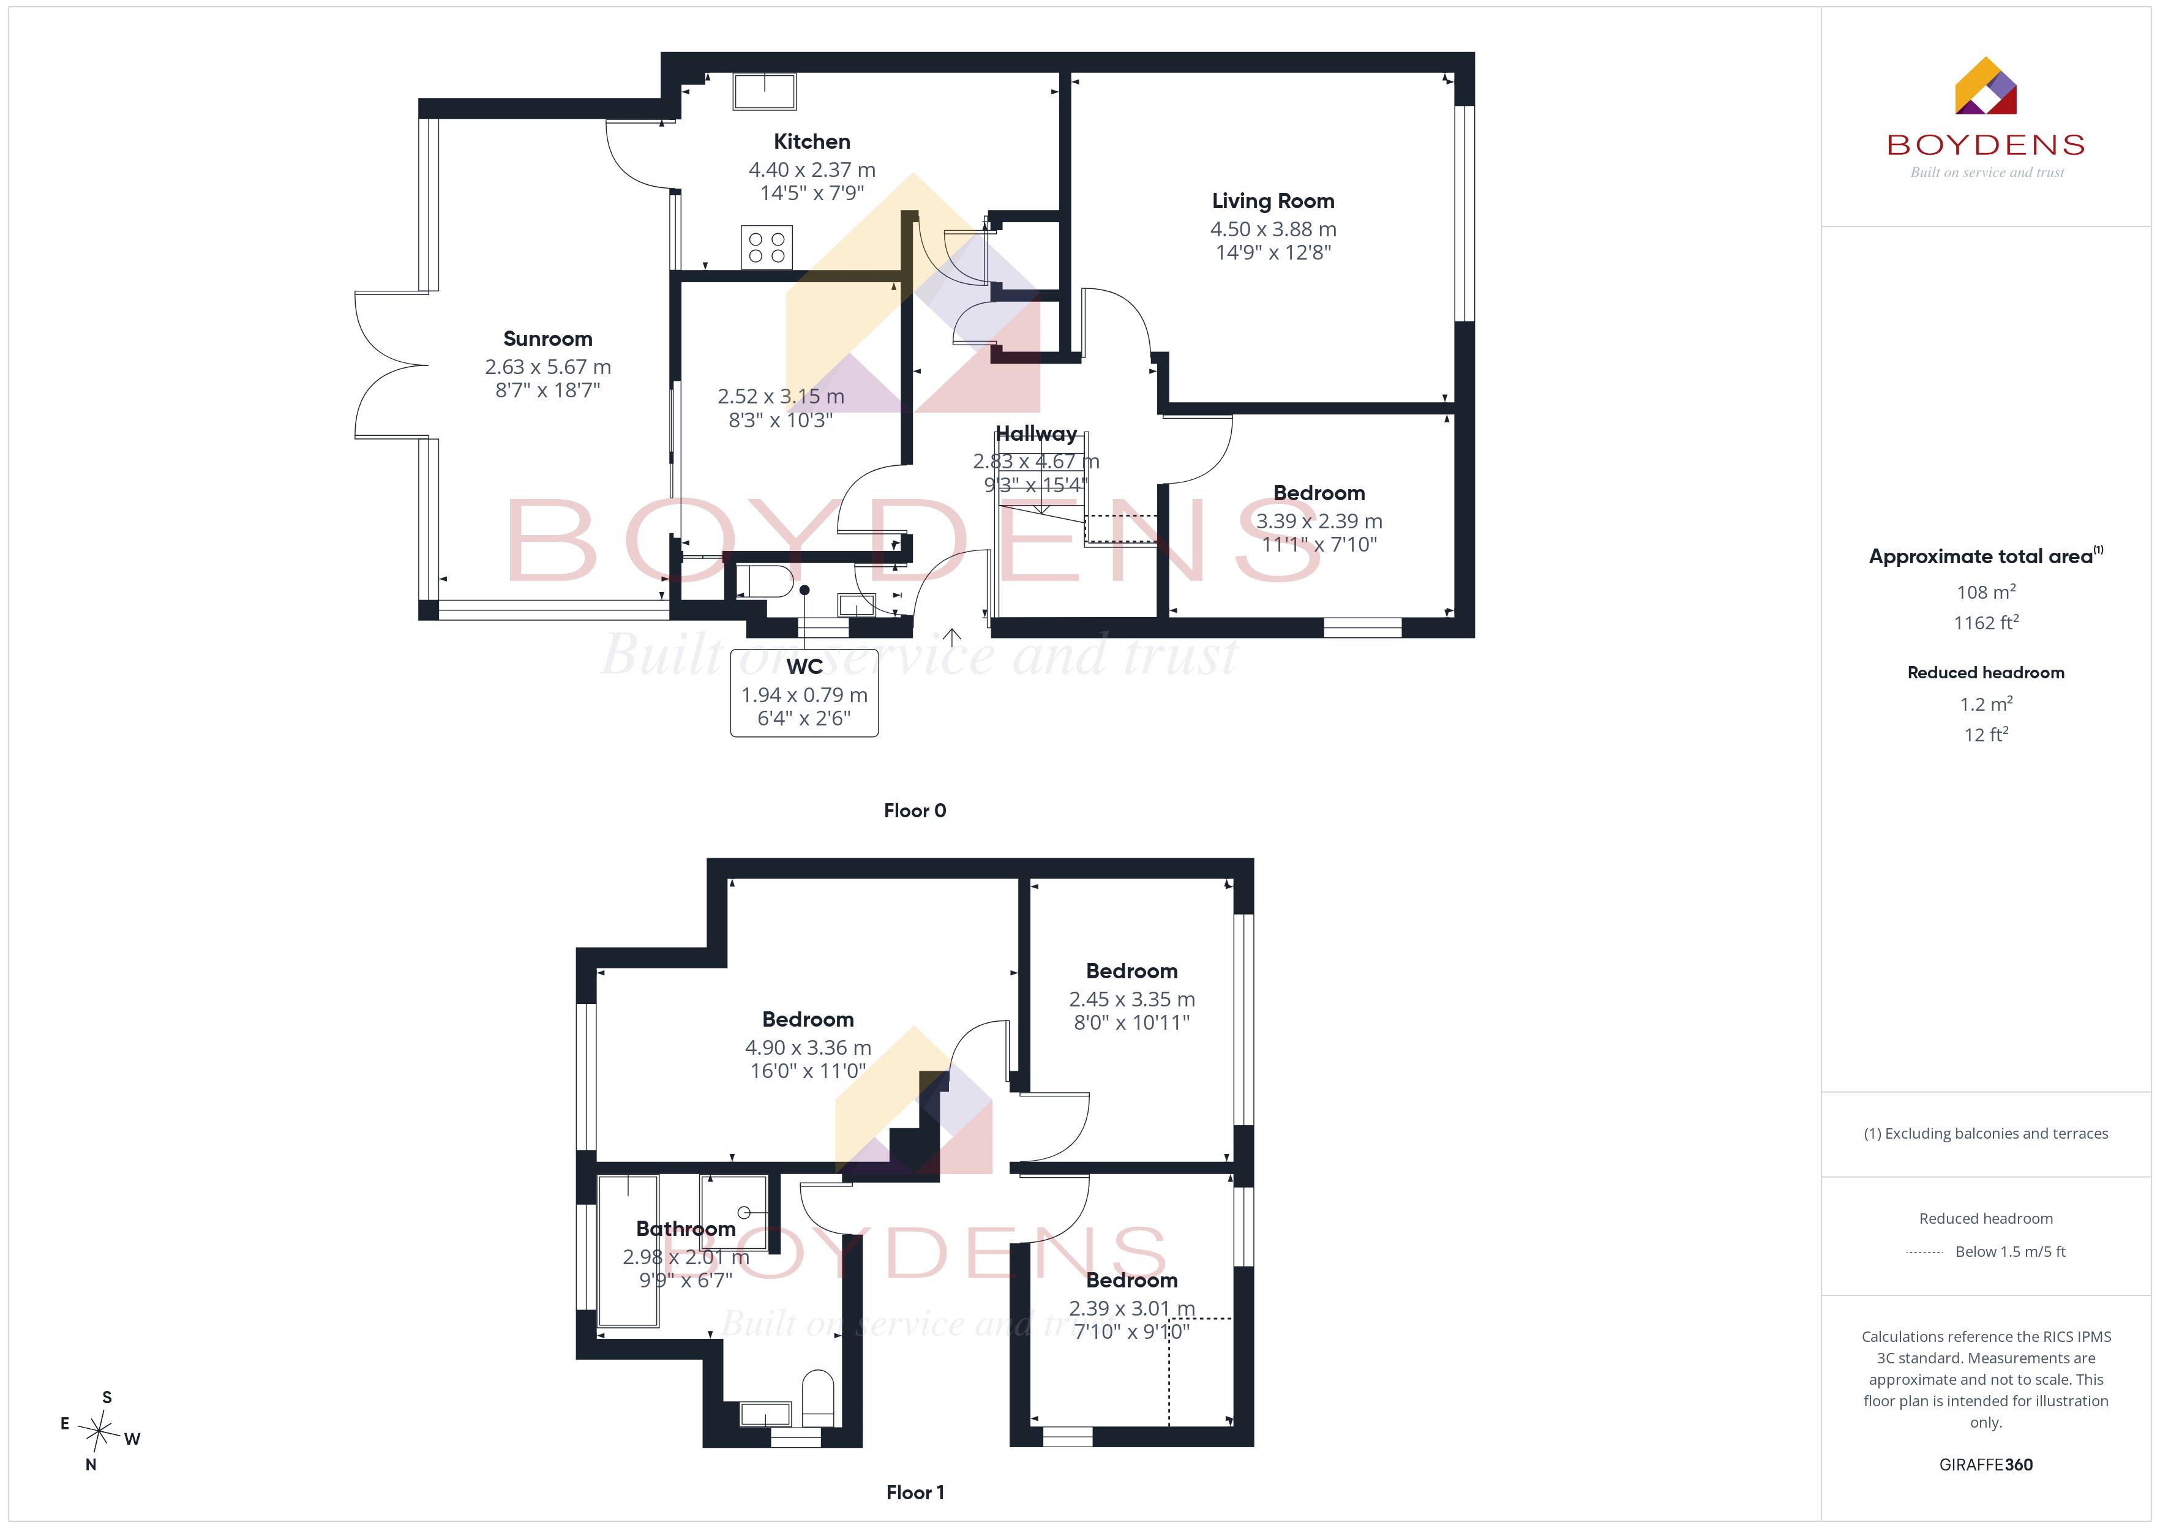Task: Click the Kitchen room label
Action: (x=812, y=142)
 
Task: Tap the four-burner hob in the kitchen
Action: (x=767, y=247)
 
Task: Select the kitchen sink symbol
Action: (x=765, y=91)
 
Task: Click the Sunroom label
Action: (x=547, y=339)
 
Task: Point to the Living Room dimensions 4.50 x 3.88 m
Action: (x=1273, y=230)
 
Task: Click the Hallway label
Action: (x=1036, y=434)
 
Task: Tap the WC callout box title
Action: (x=804, y=667)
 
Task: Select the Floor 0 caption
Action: (x=915, y=811)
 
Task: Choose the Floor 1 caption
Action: (x=915, y=1492)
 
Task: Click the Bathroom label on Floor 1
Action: (x=686, y=1229)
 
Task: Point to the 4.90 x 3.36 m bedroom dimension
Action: (x=808, y=1048)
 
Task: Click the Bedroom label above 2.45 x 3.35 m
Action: (x=1132, y=971)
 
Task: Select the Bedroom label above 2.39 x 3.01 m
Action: (x=1132, y=1281)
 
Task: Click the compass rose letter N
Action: (x=91, y=1465)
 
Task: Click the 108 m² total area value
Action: (x=1986, y=592)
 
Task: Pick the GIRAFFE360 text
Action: (x=1986, y=1465)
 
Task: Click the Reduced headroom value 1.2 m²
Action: (x=1986, y=704)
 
